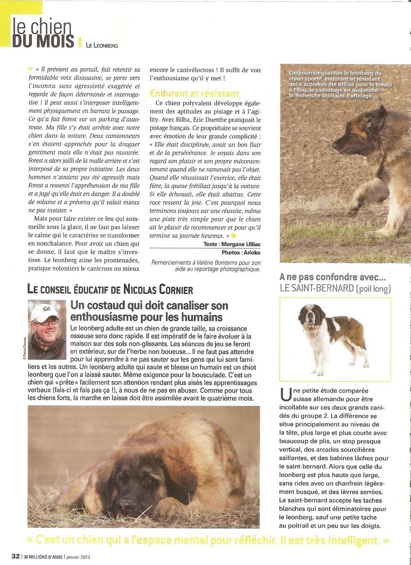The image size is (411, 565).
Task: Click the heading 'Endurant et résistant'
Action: point(194,93)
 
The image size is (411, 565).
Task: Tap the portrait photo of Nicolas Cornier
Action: point(47,330)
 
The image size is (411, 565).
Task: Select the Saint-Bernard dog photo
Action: point(334,340)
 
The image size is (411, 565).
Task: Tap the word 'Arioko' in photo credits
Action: point(251,252)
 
